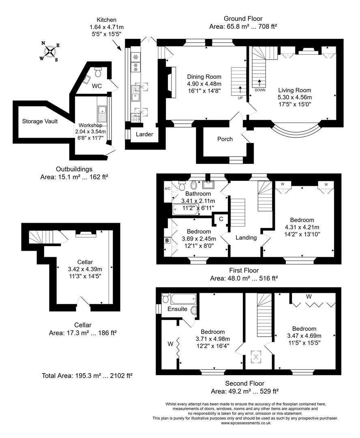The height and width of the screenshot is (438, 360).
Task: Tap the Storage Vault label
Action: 40,121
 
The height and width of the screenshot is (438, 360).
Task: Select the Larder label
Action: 144,134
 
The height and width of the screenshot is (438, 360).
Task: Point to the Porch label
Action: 225,139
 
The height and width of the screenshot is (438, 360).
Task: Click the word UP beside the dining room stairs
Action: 240,98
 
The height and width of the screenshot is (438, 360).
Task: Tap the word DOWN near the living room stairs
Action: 260,90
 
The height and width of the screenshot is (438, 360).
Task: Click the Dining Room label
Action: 204,77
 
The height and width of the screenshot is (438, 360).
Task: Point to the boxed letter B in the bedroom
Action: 167,240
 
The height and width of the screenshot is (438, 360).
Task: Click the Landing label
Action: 246,238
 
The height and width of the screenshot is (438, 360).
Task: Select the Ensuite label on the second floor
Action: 177,309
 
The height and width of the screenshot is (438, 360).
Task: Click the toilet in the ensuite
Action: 166,298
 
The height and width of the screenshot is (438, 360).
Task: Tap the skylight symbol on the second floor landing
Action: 256,357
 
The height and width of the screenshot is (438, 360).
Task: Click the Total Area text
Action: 87,376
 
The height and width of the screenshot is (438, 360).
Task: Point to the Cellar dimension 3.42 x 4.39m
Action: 85,269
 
